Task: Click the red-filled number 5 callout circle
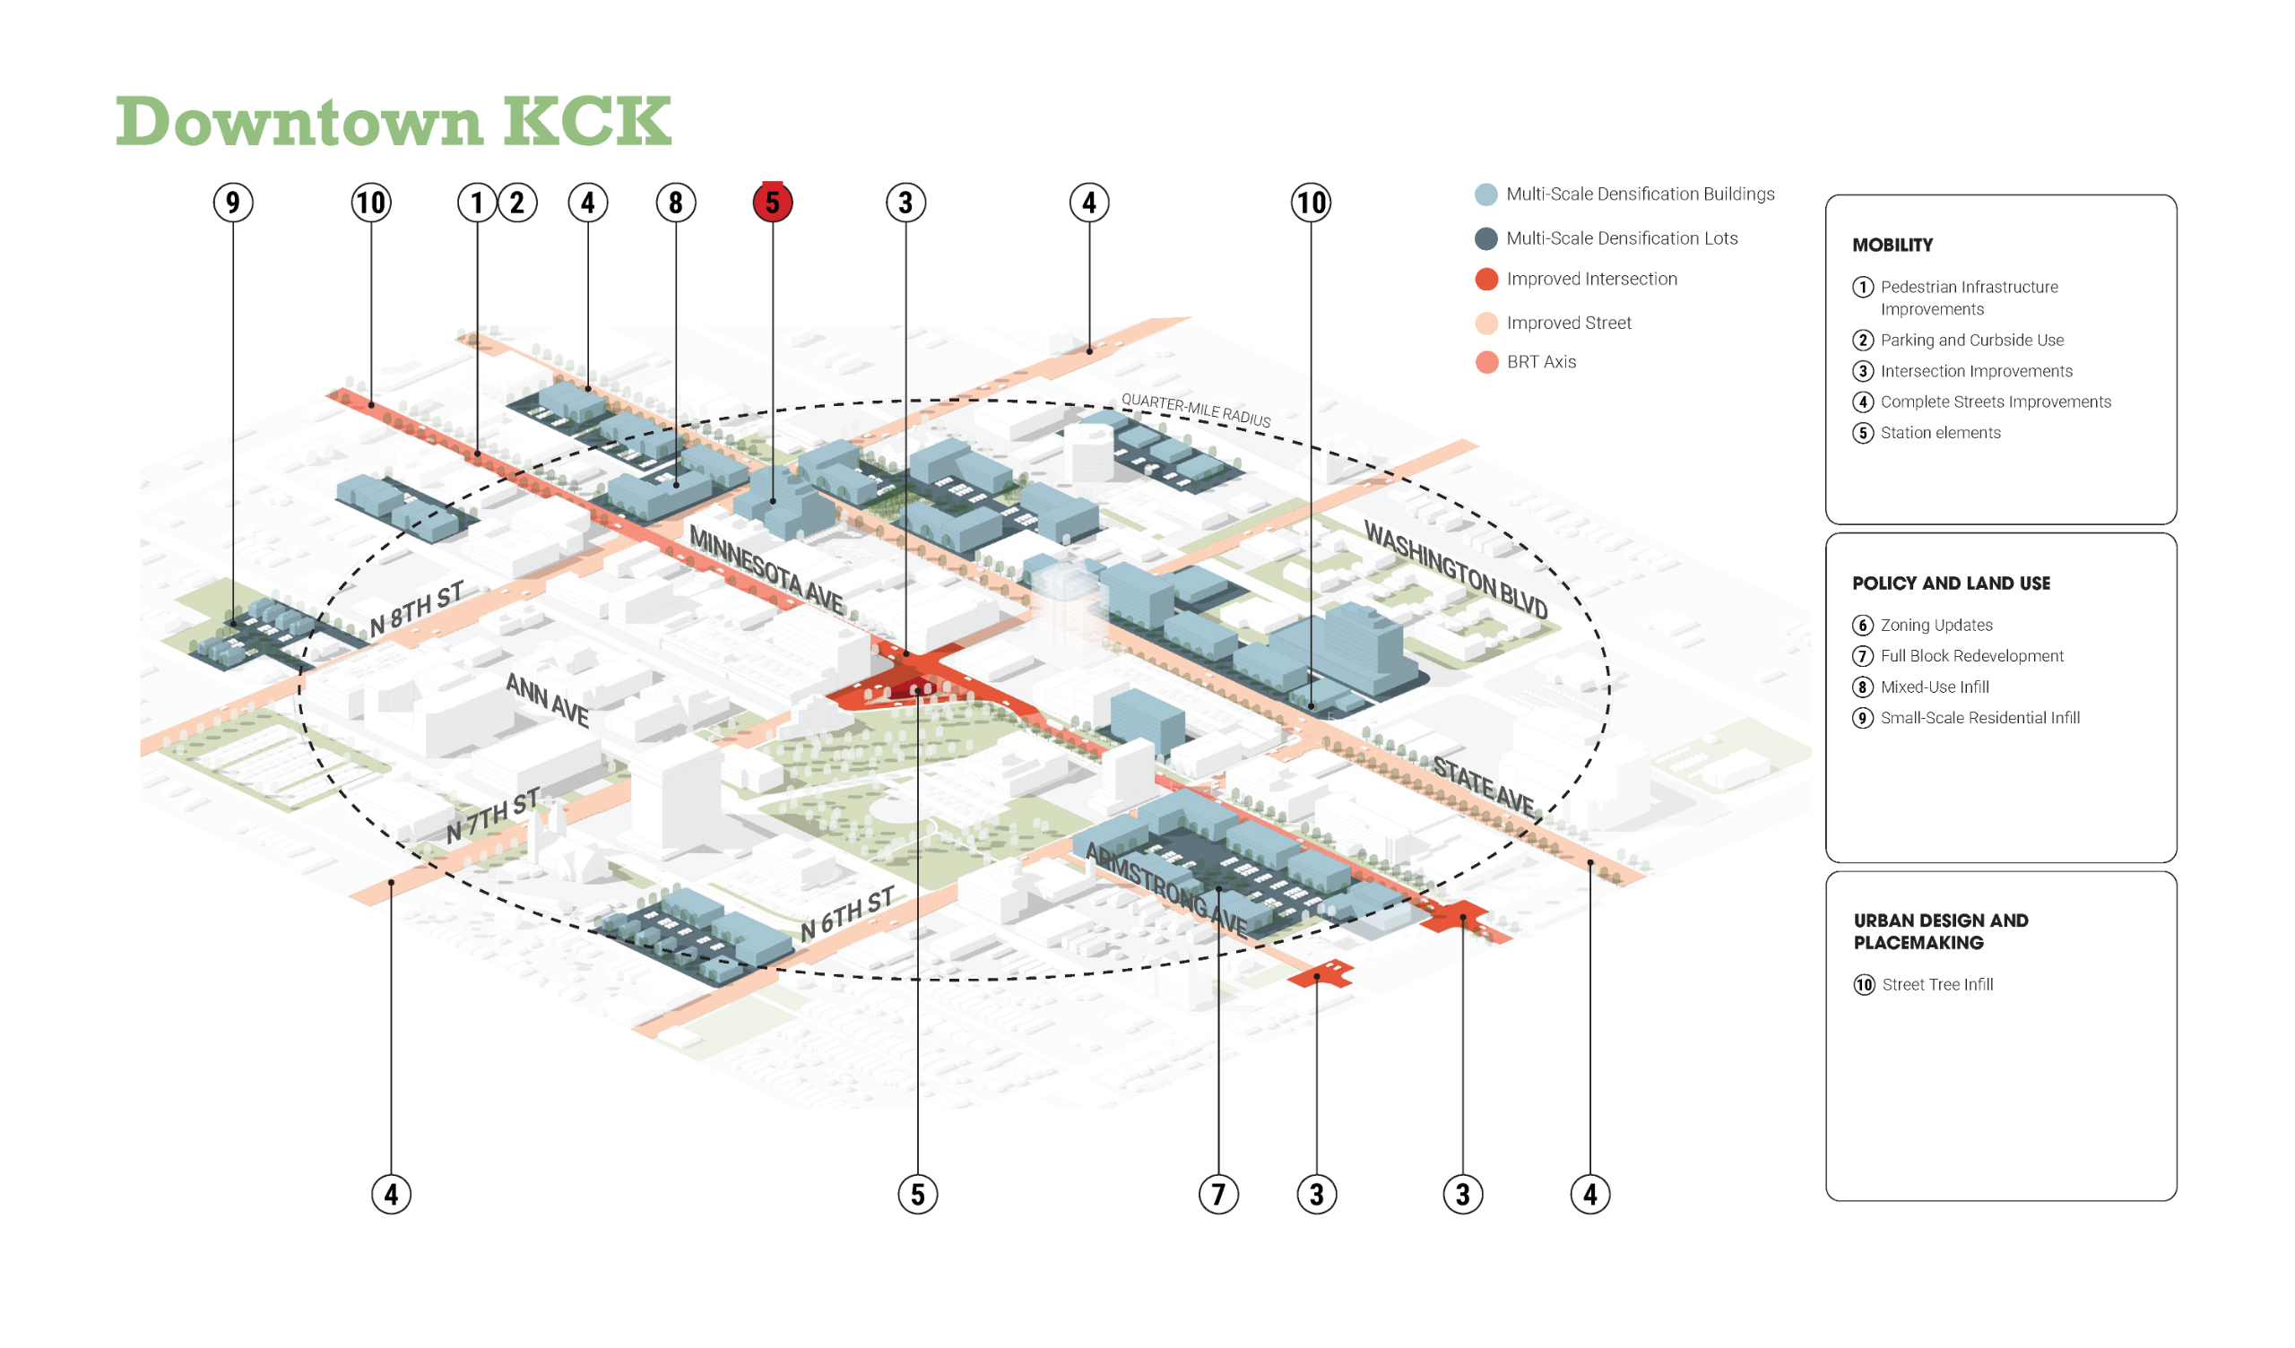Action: tap(772, 203)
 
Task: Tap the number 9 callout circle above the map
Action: tap(233, 203)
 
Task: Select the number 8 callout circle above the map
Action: tap(676, 203)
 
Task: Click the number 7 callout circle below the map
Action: tap(1218, 1194)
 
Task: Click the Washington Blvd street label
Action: tap(1455, 570)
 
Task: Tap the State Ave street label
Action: tap(1484, 784)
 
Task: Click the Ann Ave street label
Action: tap(548, 699)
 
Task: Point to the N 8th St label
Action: tap(417, 609)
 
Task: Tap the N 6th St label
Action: tap(847, 913)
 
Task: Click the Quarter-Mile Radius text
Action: tap(1195, 410)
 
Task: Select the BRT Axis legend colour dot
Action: tap(1486, 362)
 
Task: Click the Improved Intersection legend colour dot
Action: tap(1486, 280)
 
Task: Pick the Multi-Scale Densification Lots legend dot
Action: tap(1486, 238)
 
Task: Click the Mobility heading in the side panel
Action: tap(1892, 245)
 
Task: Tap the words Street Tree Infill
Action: tap(1937, 985)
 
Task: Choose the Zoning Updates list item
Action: tap(1936, 625)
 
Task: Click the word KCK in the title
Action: tap(587, 121)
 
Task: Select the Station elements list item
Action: tap(1940, 433)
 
